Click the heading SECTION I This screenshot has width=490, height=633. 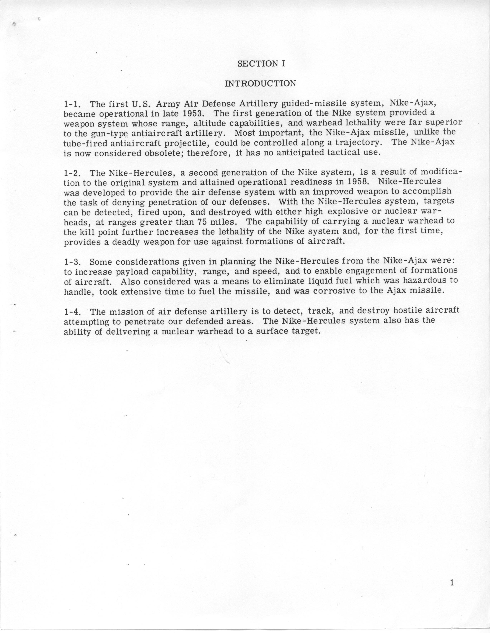261,64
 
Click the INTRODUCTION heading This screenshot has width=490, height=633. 261,83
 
